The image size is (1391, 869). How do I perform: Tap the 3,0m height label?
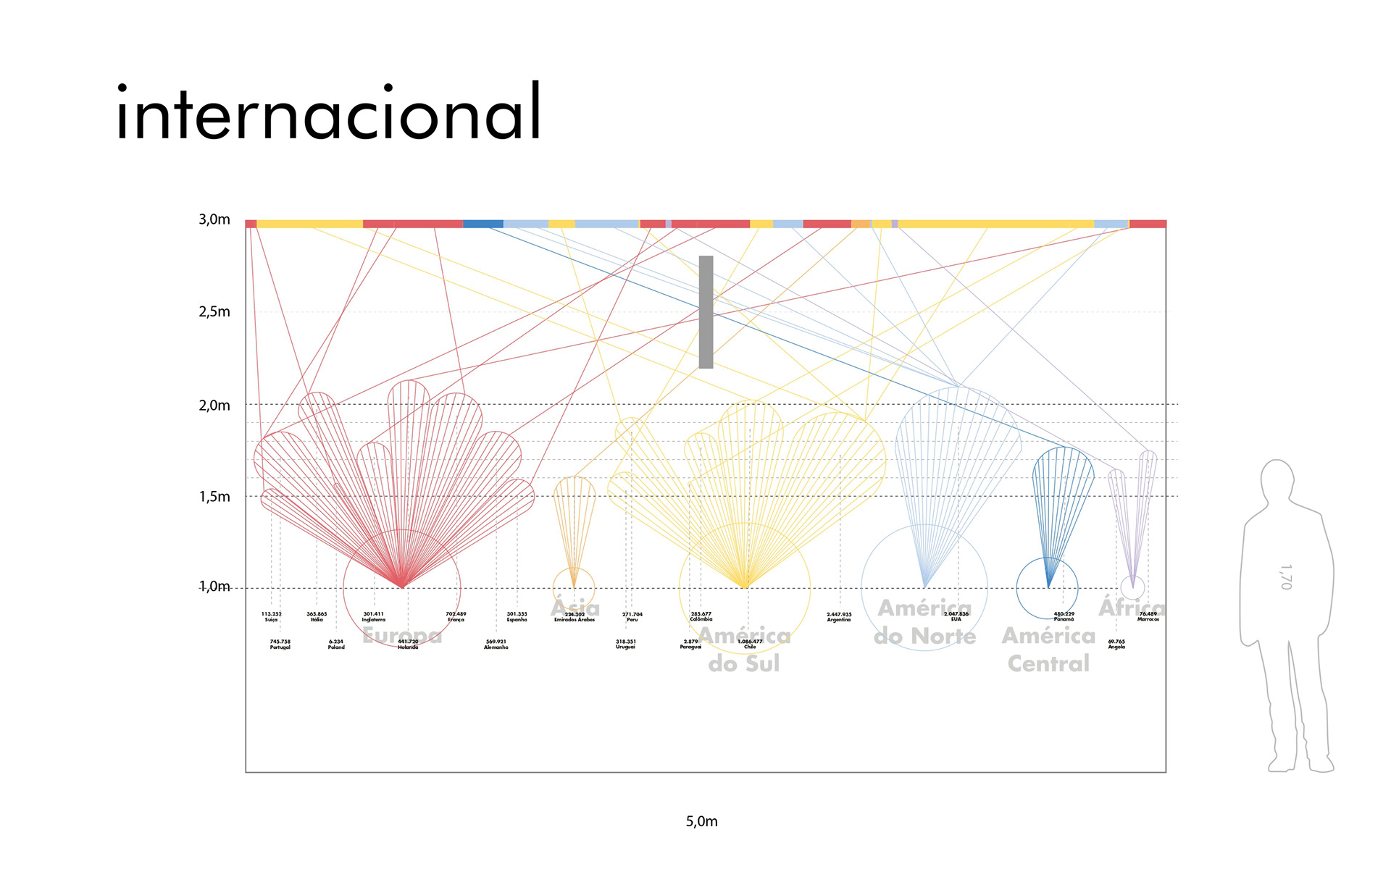point(214,219)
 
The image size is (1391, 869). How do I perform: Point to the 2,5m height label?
point(214,312)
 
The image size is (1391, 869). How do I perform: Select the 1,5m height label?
point(214,497)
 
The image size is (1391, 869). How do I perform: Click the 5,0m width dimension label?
point(701,821)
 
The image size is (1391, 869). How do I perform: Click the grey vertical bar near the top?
point(706,312)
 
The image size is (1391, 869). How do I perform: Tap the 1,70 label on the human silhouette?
point(1285,577)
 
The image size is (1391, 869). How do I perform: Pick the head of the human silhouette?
point(1277,482)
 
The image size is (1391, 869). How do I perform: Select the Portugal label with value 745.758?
point(280,644)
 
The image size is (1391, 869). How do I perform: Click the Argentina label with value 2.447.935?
point(839,617)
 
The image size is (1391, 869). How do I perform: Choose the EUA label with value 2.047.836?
point(956,616)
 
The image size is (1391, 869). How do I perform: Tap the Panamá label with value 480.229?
point(1064,616)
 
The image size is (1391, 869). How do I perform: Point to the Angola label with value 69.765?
point(1116,644)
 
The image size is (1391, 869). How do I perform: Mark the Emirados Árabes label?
point(575,617)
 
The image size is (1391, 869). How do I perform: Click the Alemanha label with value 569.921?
point(496,644)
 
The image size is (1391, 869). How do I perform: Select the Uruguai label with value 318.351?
point(625,644)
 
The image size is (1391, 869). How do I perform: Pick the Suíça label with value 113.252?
point(271,616)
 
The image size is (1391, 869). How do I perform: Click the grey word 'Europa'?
point(402,635)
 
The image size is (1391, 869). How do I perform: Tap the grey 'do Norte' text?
point(924,636)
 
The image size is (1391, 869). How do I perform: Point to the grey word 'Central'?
point(1048,663)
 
